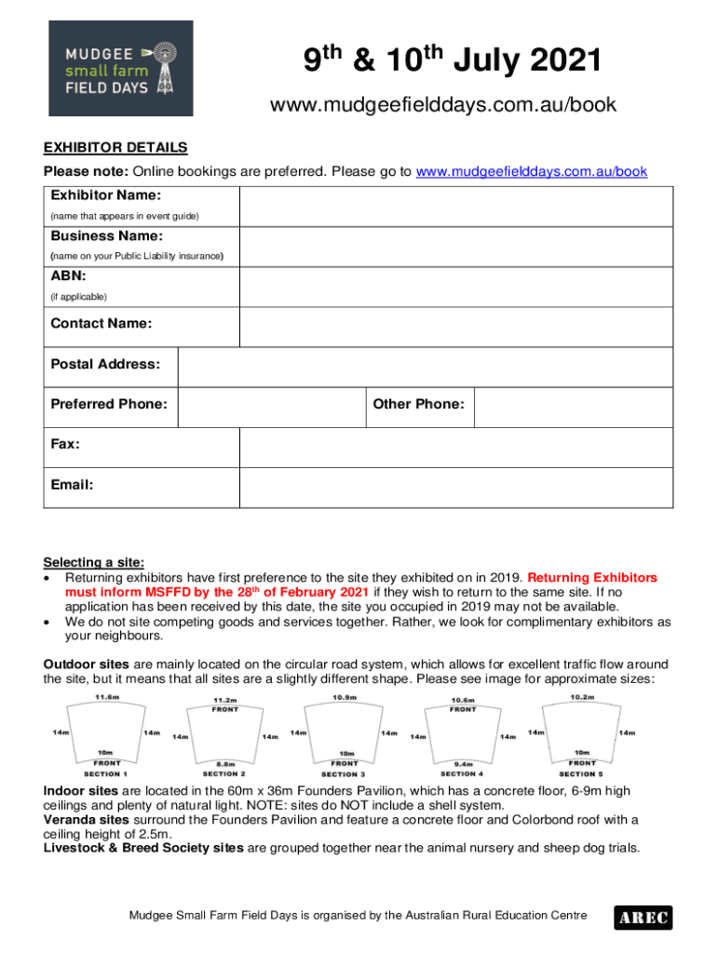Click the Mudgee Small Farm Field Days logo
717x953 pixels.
[x=121, y=68]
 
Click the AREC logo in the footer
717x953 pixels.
[x=642, y=918]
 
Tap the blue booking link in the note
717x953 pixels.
[x=531, y=172]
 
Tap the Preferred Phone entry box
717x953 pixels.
[x=270, y=407]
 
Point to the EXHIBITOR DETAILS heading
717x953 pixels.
[x=115, y=148]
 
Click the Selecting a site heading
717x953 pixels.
[x=94, y=562]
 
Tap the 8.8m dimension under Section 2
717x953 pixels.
[x=224, y=763]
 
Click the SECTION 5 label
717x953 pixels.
[x=581, y=773]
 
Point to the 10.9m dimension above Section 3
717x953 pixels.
[x=344, y=697]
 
